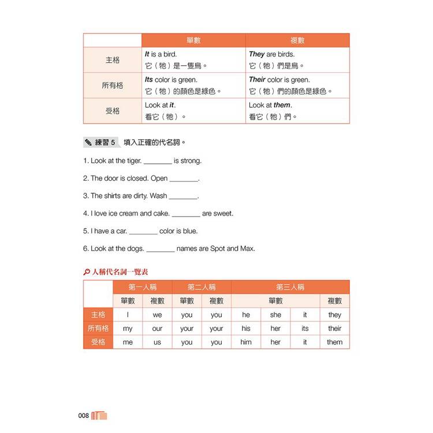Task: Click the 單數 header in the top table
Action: click(193, 40)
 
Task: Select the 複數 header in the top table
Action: click(297, 40)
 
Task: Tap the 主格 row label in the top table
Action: click(113, 60)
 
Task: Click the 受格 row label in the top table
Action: click(113, 111)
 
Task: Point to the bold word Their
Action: click(257, 80)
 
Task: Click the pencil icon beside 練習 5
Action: click(88, 142)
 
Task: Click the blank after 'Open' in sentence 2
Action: click(184, 179)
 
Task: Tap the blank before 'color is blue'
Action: click(143, 232)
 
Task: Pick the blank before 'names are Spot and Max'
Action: click(160, 249)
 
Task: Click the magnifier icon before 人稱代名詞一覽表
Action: click(87, 271)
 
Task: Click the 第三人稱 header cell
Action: click(290, 287)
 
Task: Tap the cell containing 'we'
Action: click(157, 315)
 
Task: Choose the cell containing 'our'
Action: click(157, 329)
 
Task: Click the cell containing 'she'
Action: click(275, 315)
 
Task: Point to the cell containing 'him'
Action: click(246, 342)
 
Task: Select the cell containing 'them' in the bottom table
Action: click(334, 342)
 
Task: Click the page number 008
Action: click(83, 416)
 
